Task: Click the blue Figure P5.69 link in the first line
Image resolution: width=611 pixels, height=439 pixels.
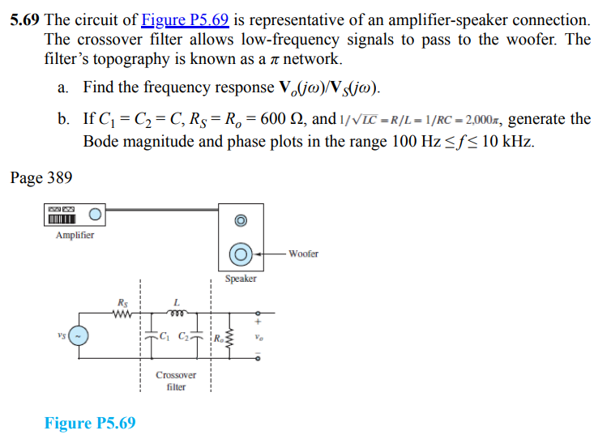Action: click(x=185, y=19)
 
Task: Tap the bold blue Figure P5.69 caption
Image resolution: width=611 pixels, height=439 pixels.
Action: click(x=90, y=424)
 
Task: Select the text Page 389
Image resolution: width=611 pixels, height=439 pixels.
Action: click(x=41, y=177)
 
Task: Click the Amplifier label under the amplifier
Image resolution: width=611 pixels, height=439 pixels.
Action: click(x=75, y=236)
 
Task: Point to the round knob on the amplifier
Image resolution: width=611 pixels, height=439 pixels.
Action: click(x=96, y=215)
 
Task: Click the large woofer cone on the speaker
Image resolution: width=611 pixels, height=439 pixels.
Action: click(x=240, y=254)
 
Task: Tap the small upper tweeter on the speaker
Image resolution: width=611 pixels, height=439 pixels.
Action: click(x=240, y=220)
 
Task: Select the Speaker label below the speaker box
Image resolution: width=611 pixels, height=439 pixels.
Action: click(x=241, y=279)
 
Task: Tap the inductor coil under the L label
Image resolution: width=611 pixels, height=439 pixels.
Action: click(x=176, y=313)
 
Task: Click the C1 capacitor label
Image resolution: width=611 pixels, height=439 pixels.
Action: click(x=165, y=336)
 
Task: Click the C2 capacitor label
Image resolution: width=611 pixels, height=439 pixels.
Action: click(x=186, y=336)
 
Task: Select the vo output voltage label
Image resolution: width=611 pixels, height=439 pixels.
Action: click(x=258, y=336)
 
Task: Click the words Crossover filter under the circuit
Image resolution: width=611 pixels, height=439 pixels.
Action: click(x=176, y=381)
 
